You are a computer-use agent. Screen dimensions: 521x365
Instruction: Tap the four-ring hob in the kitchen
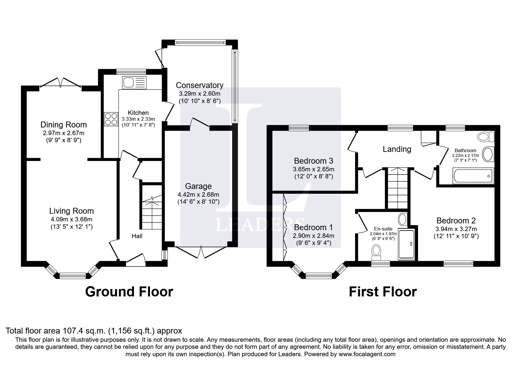point(111,119)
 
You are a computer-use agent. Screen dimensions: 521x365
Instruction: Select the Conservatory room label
point(199,85)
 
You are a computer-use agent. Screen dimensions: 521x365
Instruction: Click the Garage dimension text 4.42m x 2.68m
point(198,195)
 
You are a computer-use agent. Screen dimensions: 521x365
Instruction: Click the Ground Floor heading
point(129,292)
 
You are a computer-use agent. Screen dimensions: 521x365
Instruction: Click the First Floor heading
point(383,292)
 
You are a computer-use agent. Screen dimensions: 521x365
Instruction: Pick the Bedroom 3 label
point(314,161)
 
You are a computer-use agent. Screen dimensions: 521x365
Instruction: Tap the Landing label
point(397,149)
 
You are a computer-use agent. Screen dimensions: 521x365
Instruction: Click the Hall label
point(137,236)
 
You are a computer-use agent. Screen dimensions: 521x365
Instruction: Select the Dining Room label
point(64,125)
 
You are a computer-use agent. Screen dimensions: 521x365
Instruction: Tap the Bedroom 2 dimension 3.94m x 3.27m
point(456,229)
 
